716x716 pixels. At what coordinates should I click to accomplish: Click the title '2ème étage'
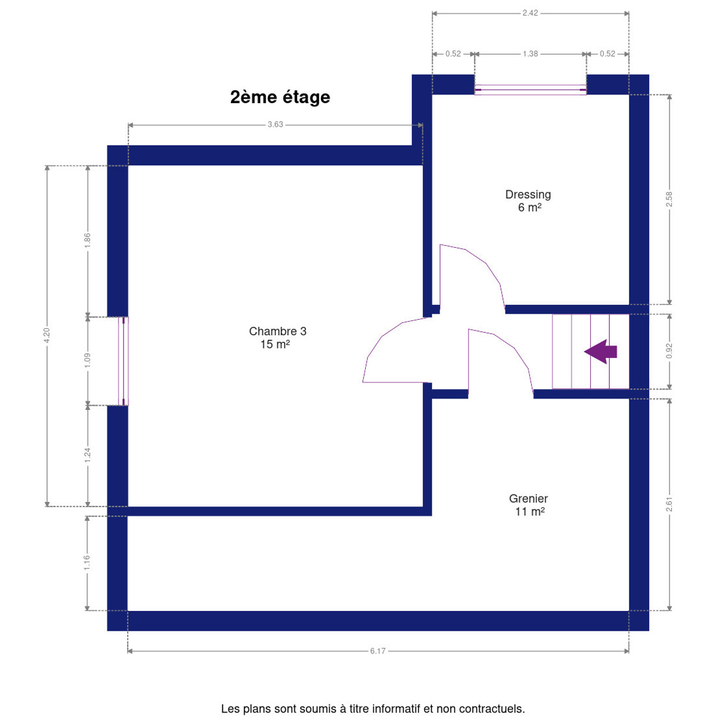[280, 97]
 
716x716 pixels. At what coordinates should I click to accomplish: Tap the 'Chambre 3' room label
[277, 331]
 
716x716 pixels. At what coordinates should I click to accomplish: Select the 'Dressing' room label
[528, 195]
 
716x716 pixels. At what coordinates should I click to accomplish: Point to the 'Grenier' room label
[529, 498]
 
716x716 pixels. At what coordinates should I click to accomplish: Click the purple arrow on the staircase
[600, 351]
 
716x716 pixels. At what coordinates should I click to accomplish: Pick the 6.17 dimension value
[378, 651]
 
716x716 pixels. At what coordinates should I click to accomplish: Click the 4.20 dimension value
[47, 336]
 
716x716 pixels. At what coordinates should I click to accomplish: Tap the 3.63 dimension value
[275, 125]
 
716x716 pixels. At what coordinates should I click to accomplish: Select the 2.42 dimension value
[530, 13]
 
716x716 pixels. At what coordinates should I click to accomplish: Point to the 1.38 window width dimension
[530, 54]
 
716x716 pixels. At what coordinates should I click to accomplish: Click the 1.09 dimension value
[87, 360]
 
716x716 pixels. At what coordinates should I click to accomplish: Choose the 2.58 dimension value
[669, 199]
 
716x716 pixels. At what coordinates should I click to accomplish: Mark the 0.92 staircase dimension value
[669, 351]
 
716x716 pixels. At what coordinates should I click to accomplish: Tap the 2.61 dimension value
[669, 504]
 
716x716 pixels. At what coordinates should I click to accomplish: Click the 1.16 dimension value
[87, 563]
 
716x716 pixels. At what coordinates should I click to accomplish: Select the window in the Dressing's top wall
[530, 90]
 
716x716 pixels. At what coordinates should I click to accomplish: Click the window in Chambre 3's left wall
[124, 361]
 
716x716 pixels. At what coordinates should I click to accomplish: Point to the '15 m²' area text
[275, 344]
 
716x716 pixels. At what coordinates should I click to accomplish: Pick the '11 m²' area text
[530, 511]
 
